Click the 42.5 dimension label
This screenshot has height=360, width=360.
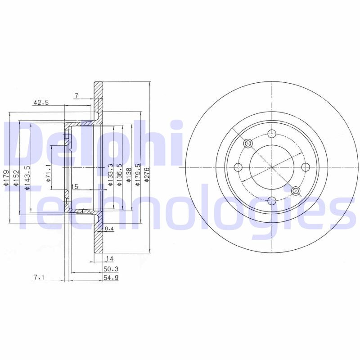41,103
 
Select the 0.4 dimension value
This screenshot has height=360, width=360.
109,229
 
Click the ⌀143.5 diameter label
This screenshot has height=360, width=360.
27,177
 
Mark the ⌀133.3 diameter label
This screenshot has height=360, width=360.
110,175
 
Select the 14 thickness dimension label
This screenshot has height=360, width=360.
109,258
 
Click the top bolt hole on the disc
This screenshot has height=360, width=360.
272,133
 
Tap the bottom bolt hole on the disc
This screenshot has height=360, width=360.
272,201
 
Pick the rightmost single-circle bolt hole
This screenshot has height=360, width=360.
306,167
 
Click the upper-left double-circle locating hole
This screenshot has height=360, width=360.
248,144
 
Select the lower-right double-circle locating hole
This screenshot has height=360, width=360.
296,191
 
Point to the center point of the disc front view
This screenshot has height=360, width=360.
272,167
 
